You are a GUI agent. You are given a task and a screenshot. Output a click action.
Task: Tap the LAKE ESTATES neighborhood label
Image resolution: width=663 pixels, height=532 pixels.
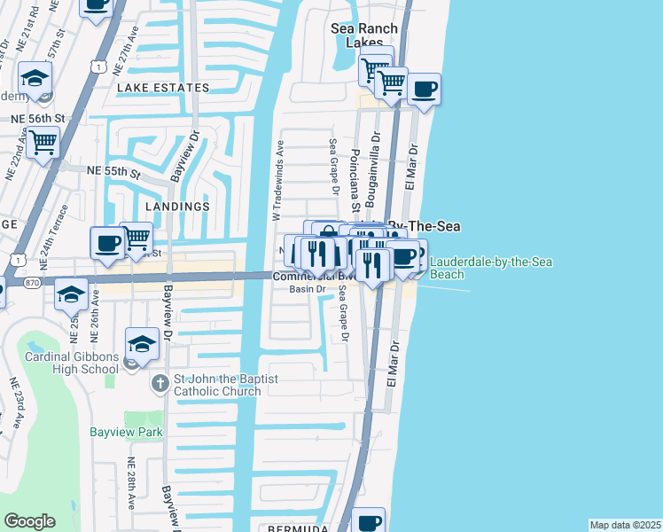point(163,88)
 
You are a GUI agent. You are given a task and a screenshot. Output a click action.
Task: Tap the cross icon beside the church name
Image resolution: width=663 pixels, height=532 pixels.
point(160,384)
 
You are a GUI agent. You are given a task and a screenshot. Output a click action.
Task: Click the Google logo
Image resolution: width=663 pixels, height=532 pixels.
point(29,521)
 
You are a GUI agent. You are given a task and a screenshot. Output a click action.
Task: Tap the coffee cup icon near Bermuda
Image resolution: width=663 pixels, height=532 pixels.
point(368,521)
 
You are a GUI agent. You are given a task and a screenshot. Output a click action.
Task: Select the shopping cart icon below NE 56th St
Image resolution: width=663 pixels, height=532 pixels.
point(43,142)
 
